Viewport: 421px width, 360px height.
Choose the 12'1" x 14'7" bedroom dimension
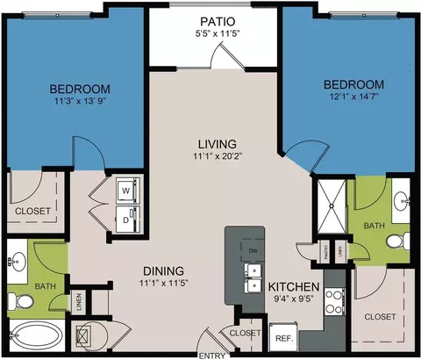coord(353,98)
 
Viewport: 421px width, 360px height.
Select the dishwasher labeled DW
coord(253,251)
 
